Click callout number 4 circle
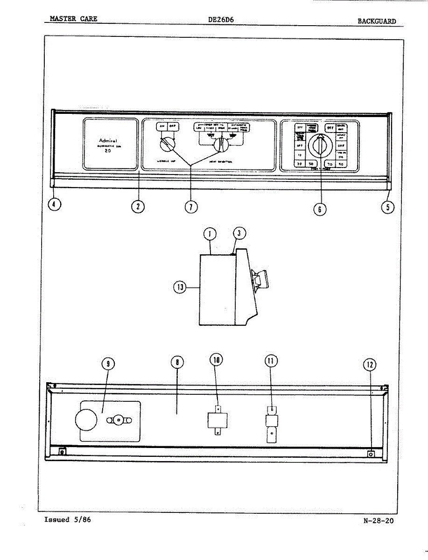[x=55, y=205]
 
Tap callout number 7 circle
[x=191, y=206]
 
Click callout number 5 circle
[x=387, y=206]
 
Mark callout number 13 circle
[x=180, y=287]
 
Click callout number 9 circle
[x=108, y=364]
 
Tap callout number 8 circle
[x=177, y=362]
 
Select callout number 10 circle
[x=217, y=359]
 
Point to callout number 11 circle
[x=271, y=360]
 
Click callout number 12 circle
[x=370, y=364]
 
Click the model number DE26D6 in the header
[x=222, y=20]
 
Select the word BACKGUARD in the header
[x=377, y=21]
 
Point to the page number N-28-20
[x=378, y=521]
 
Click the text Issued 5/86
[x=67, y=519]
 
